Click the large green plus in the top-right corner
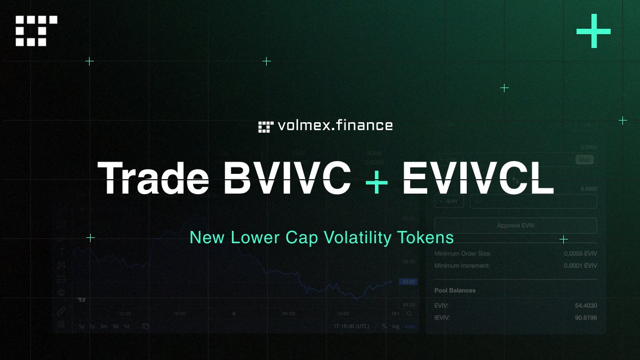(593, 30)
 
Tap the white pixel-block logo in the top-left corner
(36, 30)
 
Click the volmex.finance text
(335, 126)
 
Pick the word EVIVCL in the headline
(478, 178)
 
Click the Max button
(585, 159)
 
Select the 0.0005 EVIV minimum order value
(580, 253)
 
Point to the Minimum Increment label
(462, 266)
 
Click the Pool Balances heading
(455, 291)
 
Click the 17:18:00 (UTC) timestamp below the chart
(351, 326)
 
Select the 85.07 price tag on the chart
(409, 282)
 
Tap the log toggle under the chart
(395, 326)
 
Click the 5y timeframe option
(81, 326)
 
